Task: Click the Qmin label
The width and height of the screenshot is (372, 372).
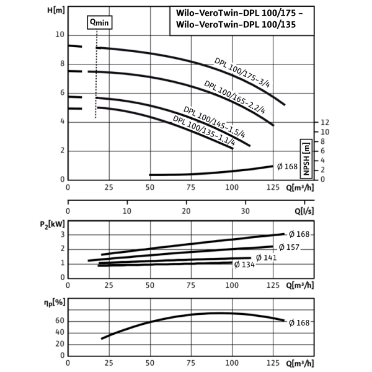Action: click(98, 22)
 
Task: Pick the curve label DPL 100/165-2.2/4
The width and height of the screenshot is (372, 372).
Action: click(235, 97)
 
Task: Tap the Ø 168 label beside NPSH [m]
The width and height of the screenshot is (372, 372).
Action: click(287, 166)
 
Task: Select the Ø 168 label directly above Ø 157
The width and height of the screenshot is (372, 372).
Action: click(298, 234)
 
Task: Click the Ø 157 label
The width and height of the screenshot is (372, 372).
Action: click(289, 247)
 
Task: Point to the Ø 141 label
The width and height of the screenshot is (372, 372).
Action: click(267, 257)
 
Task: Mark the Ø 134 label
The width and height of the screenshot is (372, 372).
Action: click(244, 265)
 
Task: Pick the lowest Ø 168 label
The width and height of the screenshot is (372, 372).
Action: click(298, 322)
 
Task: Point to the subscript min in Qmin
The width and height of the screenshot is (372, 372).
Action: click(102, 24)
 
